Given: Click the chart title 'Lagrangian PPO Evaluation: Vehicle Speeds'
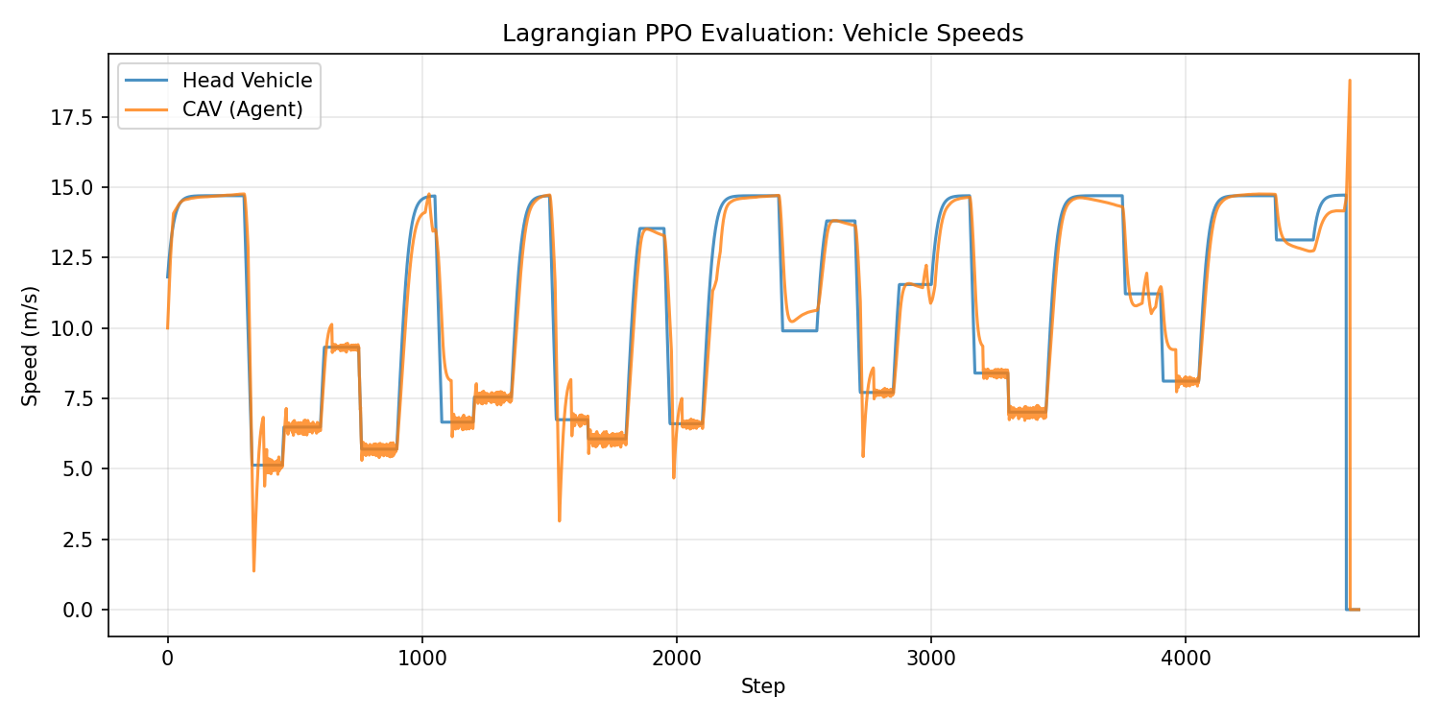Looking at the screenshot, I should click(x=763, y=34).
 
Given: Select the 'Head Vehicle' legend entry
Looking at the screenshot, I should click(x=247, y=81).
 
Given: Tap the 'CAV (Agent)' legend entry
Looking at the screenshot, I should click(x=242, y=109).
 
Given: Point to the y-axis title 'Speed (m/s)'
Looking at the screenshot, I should click(x=31, y=345).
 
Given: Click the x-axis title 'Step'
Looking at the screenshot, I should click(x=763, y=686).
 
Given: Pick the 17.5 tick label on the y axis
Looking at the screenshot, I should click(x=73, y=117).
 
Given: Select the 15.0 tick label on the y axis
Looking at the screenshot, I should click(x=73, y=187).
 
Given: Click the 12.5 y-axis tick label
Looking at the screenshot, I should click(x=73, y=258).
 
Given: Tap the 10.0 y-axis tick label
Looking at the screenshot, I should click(x=73, y=328).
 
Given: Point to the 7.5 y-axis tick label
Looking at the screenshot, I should click(x=78, y=398).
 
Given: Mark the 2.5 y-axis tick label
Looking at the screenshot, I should click(x=78, y=540).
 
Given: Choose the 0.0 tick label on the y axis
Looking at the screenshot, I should click(x=78, y=610).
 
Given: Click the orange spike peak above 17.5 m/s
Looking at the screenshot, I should click(x=1350, y=81).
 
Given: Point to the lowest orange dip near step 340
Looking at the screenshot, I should click(x=253, y=570).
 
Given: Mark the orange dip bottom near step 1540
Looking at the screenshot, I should click(x=560, y=520).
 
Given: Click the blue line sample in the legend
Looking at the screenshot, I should click(x=147, y=81).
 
